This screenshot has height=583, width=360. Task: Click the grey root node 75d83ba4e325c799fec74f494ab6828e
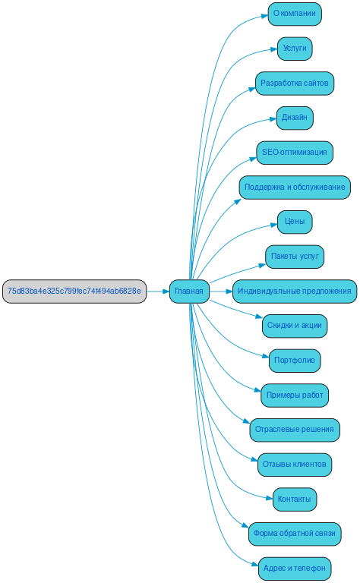[x=74, y=291]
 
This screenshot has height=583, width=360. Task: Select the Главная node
[x=189, y=291]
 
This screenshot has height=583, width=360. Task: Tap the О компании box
[x=295, y=14]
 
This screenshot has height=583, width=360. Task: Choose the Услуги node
[x=295, y=48]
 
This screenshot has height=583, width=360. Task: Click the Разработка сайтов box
[x=295, y=83]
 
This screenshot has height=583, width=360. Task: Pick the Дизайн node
[x=295, y=118]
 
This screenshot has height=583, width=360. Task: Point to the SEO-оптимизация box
[x=295, y=152]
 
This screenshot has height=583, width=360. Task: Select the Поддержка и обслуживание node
[x=295, y=187]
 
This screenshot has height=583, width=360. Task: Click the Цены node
[x=295, y=222]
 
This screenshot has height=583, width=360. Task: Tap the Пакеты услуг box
[x=295, y=257]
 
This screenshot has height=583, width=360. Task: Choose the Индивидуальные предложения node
[x=295, y=291]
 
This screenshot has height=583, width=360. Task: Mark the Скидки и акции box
[x=295, y=326]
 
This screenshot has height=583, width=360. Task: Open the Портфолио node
[x=295, y=360]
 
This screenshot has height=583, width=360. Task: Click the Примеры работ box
[x=295, y=395]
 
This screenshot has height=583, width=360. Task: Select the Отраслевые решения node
[x=295, y=430]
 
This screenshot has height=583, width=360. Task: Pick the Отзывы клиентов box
[x=295, y=464]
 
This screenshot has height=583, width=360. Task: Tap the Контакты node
[x=295, y=499]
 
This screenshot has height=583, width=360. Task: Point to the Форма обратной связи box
[x=295, y=534]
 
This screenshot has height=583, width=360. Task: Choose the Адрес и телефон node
[x=295, y=568]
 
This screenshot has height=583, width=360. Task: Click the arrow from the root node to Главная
[x=157, y=291]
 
